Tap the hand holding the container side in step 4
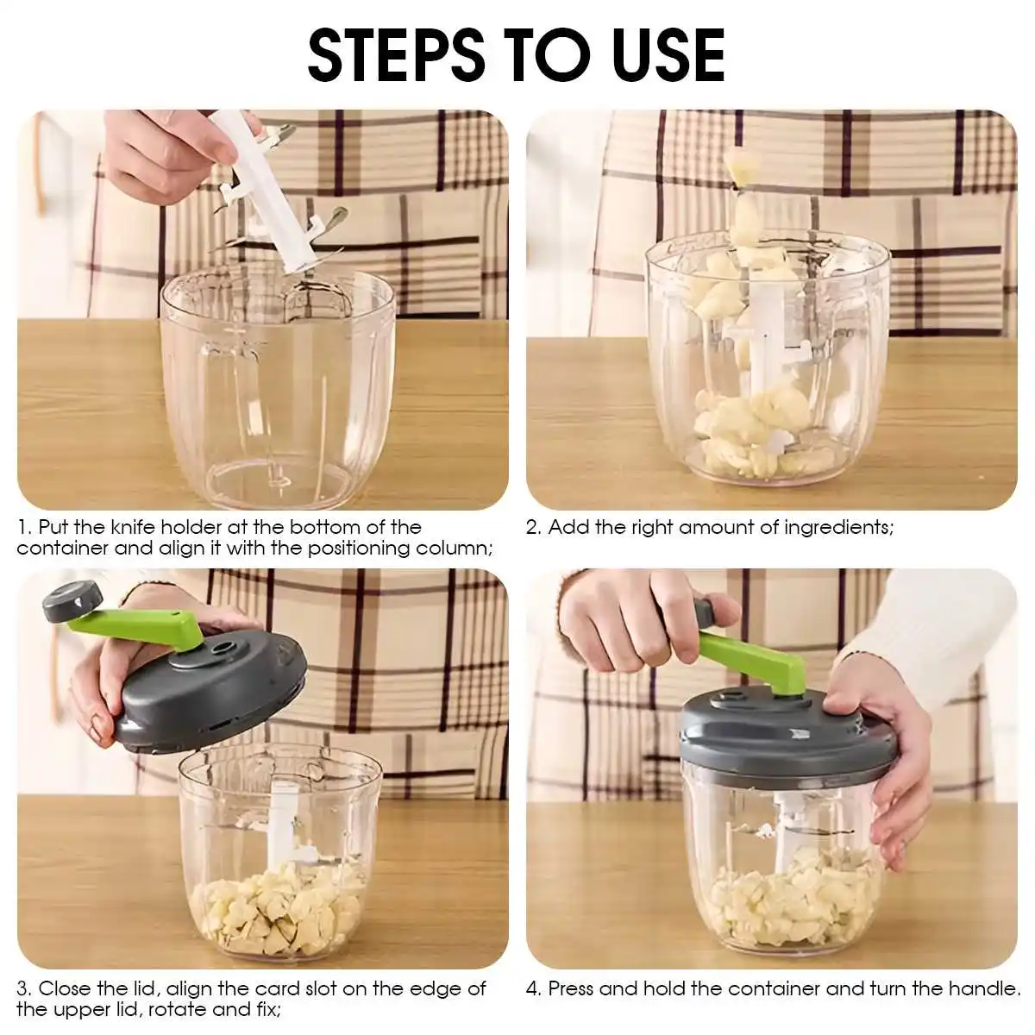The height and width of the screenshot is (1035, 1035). pyautogui.click(x=888, y=759)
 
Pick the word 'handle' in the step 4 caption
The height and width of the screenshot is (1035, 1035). pyautogui.click(x=983, y=988)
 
